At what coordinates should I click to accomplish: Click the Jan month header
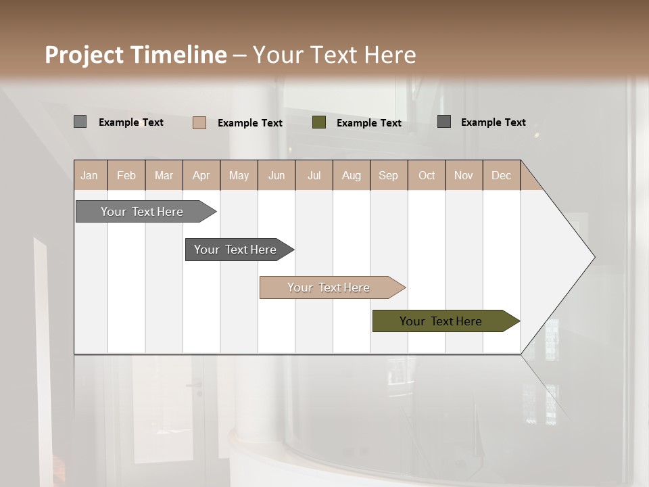pos(90,175)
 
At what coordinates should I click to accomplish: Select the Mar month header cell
pos(164,175)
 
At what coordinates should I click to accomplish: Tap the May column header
pos(239,175)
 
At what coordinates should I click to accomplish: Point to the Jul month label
pos(314,175)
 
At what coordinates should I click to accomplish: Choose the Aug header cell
pos(352,175)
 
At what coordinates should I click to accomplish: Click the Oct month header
pos(427,175)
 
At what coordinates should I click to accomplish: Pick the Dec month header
pos(501,175)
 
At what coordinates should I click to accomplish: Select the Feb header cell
pos(126,175)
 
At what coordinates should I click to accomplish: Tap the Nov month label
pos(464,175)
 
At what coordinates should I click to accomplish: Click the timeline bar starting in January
pos(143,212)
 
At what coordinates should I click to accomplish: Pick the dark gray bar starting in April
pos(236,250)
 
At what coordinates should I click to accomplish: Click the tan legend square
pos(199,122)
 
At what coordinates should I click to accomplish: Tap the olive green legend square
pos(319,122)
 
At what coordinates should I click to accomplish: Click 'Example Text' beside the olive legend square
pos(369,123)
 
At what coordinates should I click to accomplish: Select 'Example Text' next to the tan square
pos(250,123)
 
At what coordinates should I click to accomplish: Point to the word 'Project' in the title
pos(85,55)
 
